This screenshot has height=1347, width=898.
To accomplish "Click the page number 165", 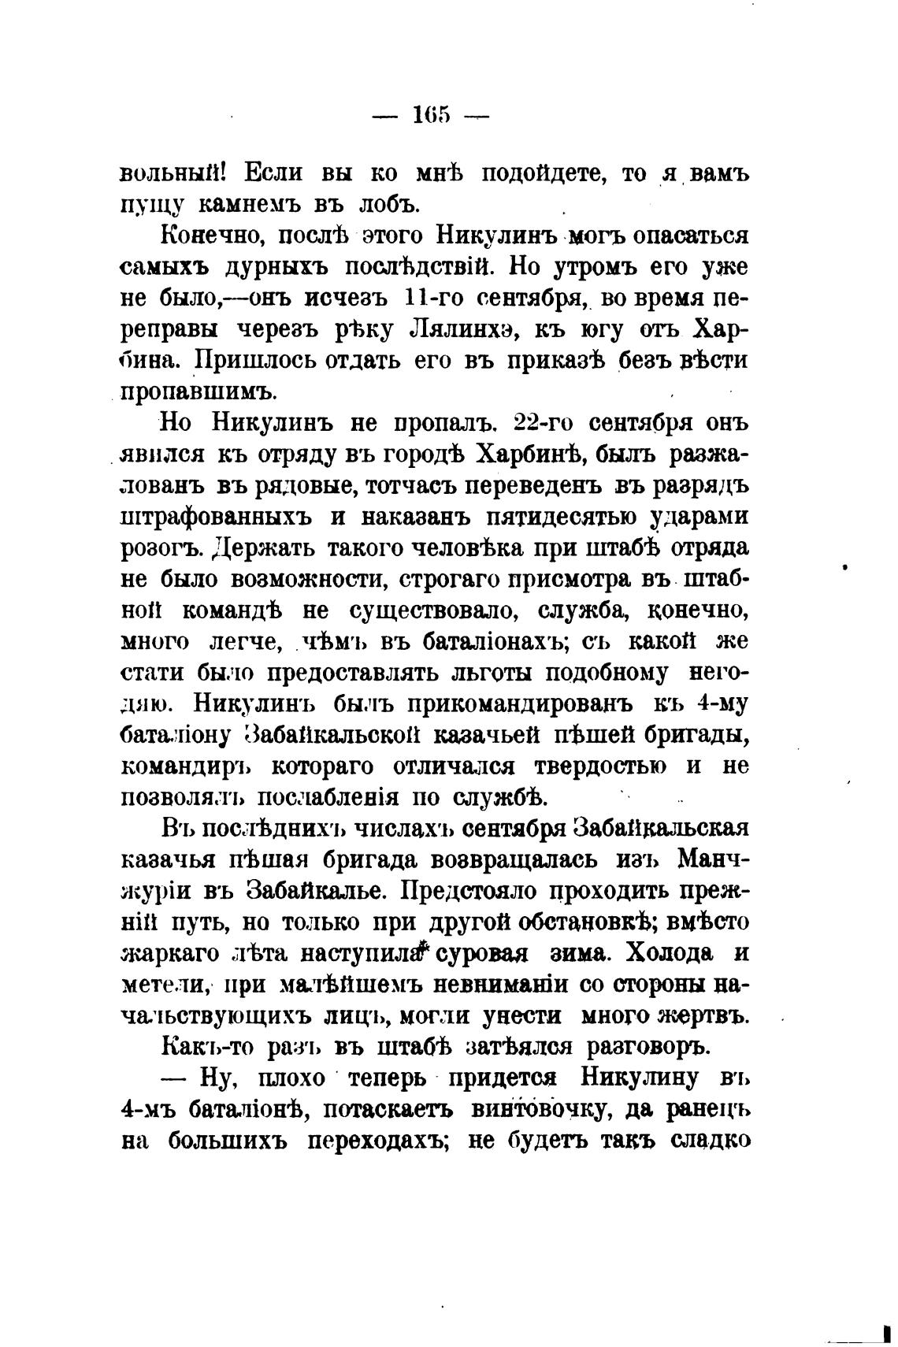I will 431,115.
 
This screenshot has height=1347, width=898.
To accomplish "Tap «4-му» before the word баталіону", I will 718,703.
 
